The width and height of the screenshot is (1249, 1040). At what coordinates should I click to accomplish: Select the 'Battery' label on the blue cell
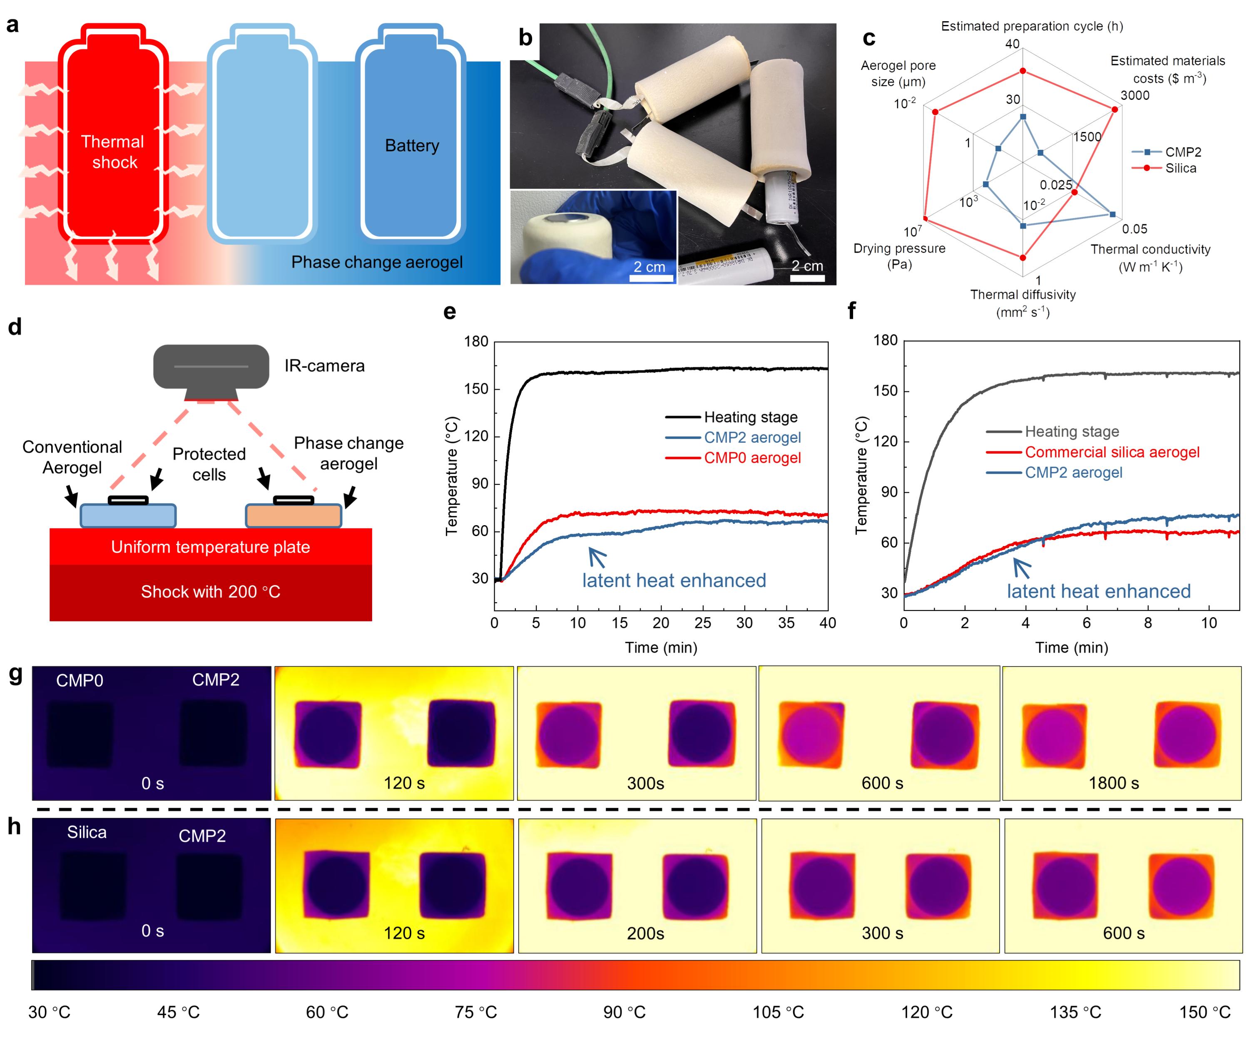click(412, 146)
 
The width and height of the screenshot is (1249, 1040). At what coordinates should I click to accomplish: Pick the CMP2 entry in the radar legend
click(1182, 152)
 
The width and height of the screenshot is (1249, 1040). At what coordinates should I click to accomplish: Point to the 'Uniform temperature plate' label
click(211, 547)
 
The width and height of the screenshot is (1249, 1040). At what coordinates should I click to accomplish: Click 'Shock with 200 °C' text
click(211, 592)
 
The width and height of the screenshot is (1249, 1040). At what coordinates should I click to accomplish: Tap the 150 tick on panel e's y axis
click(476, 389)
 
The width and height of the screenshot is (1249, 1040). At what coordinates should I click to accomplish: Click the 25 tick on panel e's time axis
click(702, 623)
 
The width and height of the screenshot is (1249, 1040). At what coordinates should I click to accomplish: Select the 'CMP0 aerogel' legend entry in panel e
click(752, 458)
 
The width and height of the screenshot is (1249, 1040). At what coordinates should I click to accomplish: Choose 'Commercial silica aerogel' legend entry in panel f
click(1112, 452)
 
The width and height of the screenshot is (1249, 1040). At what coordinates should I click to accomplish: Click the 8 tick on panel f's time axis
click(1147, 623)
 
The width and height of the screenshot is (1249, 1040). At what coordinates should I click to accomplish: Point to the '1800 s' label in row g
click(1113, 783)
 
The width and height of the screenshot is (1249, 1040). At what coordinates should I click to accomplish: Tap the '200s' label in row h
click(645, 933)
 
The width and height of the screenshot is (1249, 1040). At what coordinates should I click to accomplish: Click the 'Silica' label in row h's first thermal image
click(87, 832)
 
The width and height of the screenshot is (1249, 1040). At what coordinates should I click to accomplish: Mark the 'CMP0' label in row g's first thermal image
click(80, 681)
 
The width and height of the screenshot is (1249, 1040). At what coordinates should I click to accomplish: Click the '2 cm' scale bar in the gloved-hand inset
click(649, 267)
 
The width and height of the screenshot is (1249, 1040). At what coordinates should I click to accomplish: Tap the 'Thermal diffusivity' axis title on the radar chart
click(1023, 295)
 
